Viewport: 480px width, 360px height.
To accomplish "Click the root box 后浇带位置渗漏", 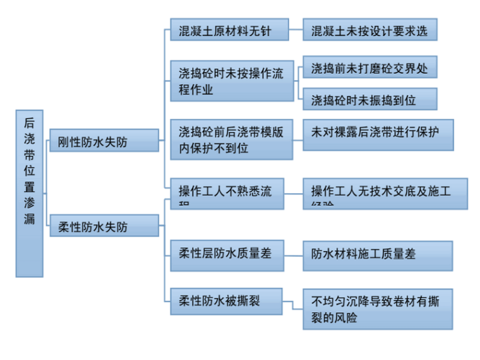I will point(29,193).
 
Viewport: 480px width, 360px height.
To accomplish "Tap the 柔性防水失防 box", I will point(104,225).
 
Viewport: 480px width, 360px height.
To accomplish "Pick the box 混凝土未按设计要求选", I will point(369,30).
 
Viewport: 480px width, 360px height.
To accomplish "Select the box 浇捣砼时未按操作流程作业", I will point(231,81).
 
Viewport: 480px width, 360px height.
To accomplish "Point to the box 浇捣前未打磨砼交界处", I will point(369,67).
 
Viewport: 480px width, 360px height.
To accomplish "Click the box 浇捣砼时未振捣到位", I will point(369,98).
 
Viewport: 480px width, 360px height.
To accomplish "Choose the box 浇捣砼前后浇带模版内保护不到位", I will point(231,139).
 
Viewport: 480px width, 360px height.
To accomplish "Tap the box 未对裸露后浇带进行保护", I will point(378,135).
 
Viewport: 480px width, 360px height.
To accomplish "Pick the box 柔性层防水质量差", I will point(225,255).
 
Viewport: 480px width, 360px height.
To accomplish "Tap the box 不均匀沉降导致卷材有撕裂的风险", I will point(378,309).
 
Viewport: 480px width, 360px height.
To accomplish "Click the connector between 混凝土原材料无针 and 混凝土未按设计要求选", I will point(296,30).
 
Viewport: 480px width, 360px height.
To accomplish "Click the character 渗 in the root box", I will point(29,202).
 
